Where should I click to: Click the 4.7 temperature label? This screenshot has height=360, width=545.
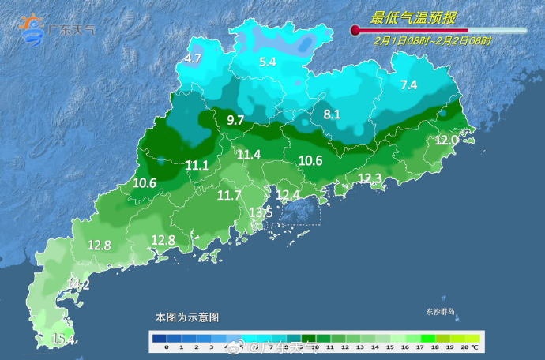point(194,58)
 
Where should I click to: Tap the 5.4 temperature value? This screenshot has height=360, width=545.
point(268,62)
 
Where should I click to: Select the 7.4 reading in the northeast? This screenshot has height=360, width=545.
point(408,84)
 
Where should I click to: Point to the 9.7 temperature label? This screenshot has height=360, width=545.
point(235,120)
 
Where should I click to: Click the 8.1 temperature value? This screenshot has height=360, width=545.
point(333,115)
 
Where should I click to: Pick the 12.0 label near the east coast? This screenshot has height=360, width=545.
point(446,140)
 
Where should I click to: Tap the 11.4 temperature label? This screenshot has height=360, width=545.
point(249,155)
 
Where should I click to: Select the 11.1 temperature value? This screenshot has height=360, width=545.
point(197,165)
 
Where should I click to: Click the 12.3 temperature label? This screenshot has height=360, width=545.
point(370,178)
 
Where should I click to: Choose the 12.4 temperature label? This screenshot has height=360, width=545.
point(288,194)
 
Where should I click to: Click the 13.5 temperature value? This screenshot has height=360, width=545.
point(261,212)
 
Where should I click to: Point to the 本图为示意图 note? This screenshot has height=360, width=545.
point(187,317)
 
